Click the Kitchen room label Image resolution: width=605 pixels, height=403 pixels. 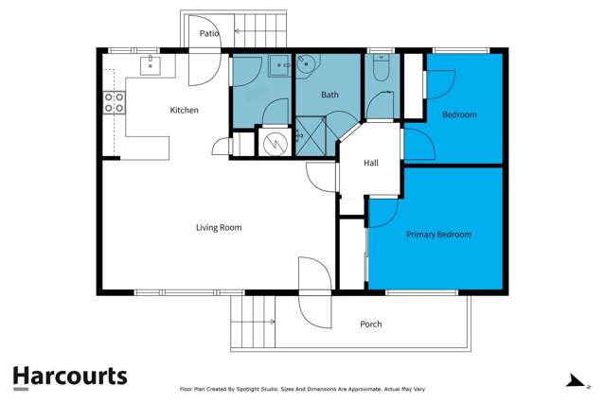[x=184, y=111]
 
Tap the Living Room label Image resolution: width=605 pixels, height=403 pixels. [x=219, y=227]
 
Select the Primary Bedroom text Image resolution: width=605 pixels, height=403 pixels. [x=438, y=234]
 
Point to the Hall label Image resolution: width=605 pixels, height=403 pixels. [x=371, y=163]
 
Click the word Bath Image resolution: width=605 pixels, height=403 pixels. [x=329, y=95]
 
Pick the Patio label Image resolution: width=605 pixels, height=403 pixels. [x=209, y=33]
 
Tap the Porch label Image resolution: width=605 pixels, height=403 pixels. [x=371, y=324]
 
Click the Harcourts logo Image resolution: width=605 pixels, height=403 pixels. [x=70, y=376]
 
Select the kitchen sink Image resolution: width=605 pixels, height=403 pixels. [x=150, y=64]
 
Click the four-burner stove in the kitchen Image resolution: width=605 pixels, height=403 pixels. [x=115, y=102]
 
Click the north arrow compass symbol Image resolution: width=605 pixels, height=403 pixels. [x=573, y=380]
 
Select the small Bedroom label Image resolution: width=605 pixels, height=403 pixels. [x=459, y=114]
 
